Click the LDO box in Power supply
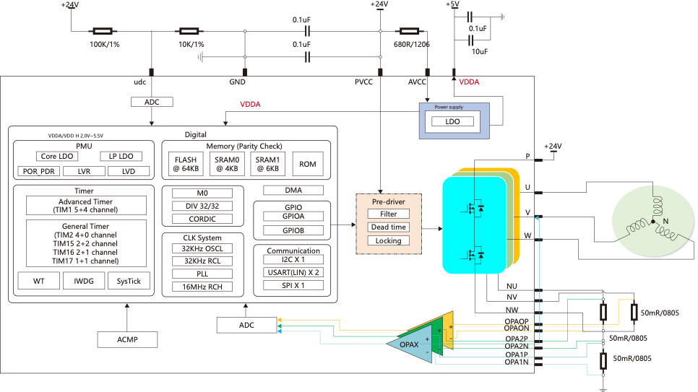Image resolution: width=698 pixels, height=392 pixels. coord(453,122)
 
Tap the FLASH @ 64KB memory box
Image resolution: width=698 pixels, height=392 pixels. coord(186,164)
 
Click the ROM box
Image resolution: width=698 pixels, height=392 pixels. coord(308,164)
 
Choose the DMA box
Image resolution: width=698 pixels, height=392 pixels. coord(293,191)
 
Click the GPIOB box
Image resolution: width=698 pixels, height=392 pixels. coord(293,230)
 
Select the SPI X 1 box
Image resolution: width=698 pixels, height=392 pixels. coord(293,285)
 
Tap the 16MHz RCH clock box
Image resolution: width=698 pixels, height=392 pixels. coord(202,287)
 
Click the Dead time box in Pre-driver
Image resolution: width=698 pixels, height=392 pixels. coord(388,227)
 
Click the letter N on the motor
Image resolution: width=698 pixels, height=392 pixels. coord(665,220)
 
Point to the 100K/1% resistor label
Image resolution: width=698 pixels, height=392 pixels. coord(105,45)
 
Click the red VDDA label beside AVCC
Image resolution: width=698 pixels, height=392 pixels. coord(469,82)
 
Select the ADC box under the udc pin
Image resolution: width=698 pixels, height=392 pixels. coord(152,102)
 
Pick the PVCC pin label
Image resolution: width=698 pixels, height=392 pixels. coord(363,82)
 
